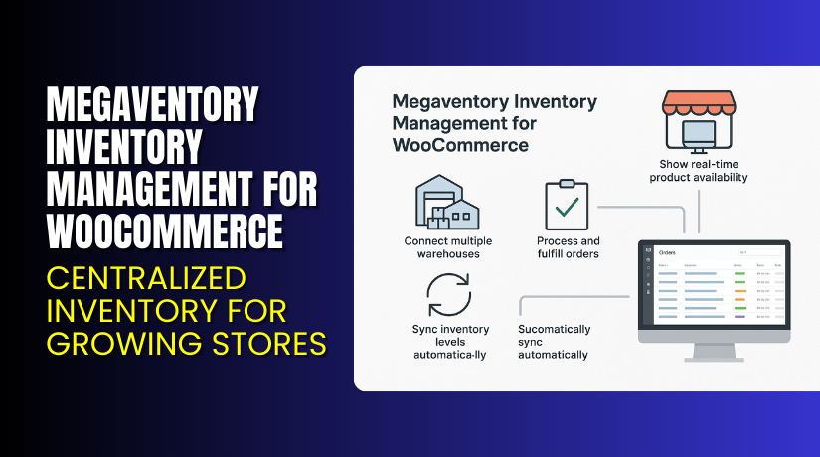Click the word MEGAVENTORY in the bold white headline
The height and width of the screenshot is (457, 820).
tap(152, 103)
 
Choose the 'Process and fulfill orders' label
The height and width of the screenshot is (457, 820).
tap(568, 247)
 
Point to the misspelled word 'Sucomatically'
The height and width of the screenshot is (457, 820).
tap(555, 329)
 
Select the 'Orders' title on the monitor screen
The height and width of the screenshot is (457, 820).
tap(668, 253)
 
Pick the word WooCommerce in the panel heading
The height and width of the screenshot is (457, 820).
tap(460, 145)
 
